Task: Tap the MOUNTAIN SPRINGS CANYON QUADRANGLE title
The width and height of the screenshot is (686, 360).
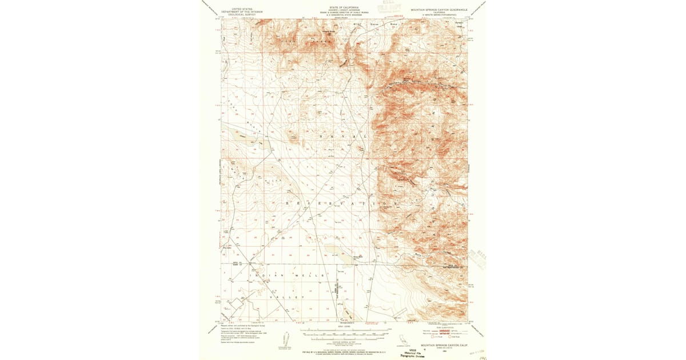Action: tap(438, 10)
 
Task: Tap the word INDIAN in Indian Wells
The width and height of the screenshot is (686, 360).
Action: tap(260, 275)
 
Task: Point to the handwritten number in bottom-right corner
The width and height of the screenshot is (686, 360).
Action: tap(481, 356)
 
